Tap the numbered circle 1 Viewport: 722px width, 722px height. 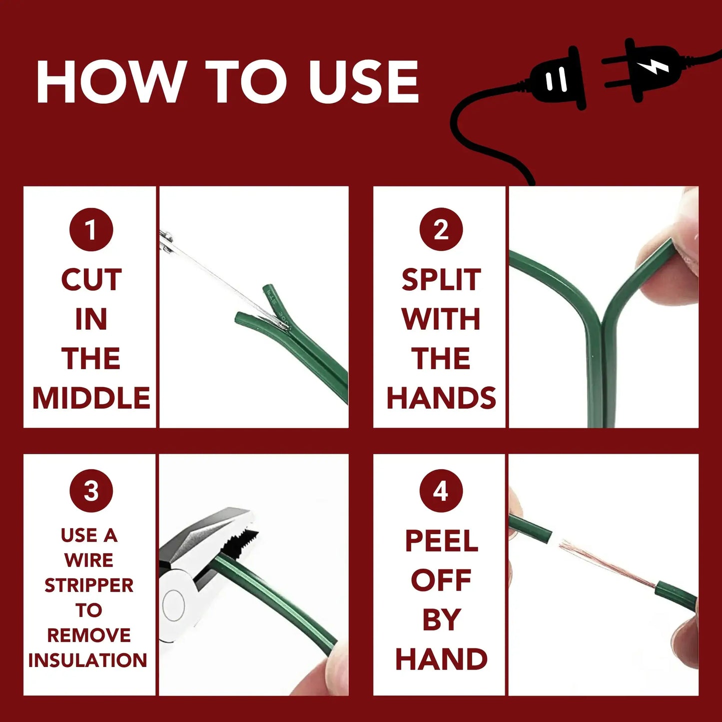point(91,229)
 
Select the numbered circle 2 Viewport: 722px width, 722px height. point(441,229)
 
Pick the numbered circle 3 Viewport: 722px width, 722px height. point(91,491)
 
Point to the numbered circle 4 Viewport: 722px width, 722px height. point(441,491)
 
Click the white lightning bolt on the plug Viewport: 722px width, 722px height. point(654,66)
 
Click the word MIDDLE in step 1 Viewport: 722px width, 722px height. point(91,398)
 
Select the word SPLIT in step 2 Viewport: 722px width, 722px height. point(441,279)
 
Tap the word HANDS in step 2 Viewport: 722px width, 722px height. point(441,398)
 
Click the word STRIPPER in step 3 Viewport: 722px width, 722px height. point(89,585)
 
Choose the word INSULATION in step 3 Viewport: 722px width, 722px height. point(88,660)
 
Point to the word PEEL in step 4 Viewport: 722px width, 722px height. point(441,541)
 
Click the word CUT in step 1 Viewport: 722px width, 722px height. point(91,279)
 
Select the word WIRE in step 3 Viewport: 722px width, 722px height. point(89,560)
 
